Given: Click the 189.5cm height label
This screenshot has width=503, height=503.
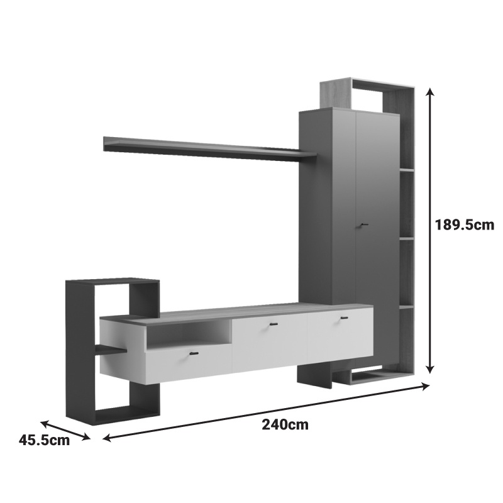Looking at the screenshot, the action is (464, 225).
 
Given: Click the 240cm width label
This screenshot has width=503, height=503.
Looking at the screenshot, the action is (285, 425).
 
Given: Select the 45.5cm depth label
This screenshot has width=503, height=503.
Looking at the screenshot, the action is (44, 439).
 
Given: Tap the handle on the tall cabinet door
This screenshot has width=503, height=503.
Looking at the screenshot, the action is (363, 226).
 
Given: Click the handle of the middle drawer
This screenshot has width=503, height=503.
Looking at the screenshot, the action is (274, 324).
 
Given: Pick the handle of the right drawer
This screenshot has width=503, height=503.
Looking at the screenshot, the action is (344, 318).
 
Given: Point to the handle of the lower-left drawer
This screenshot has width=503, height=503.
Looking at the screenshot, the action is (194, 353).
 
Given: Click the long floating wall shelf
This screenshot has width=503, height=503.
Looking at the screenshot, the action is (210, 149).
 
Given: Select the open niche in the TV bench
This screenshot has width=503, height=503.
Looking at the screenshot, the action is (189, 334).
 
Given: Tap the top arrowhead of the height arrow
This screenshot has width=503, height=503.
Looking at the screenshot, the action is (431, 92).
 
